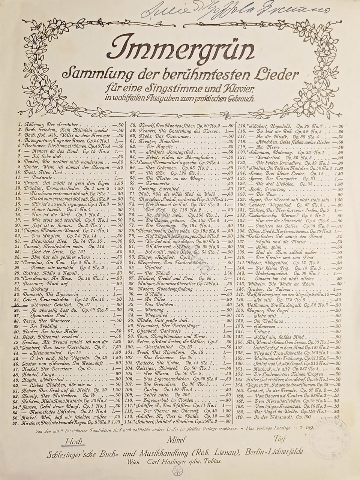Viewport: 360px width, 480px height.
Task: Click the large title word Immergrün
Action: (174, 51)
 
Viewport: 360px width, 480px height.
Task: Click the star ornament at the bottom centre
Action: (175, 471)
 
